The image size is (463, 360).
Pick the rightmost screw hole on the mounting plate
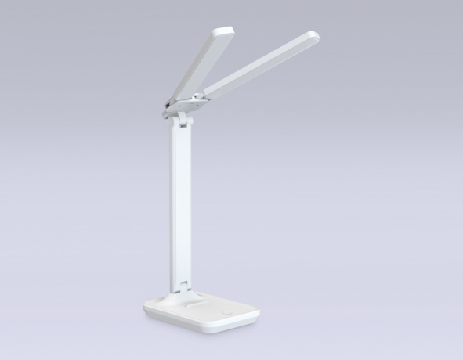pyautogui.click(x=201, y=99)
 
